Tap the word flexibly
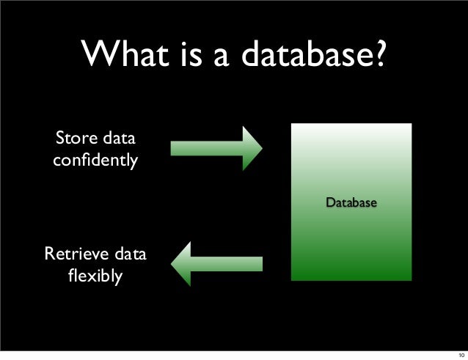(x=95, y=278)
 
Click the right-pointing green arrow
(x=216, y=147)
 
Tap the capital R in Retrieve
(x=51, y=256)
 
